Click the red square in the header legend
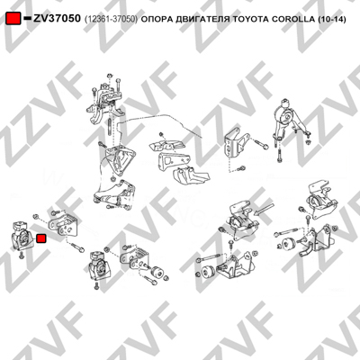[13, 19]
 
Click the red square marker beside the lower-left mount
[40, 238]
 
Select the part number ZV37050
[57, 19]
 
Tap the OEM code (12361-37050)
[112, 20]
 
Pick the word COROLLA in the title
[292, 20]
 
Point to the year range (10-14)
[331, 20]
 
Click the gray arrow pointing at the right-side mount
[264, 209]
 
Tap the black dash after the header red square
[27, 19]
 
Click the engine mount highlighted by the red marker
[22, 236]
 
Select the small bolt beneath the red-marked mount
[22, 256]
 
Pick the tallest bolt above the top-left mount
[119, 85]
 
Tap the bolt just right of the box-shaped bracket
[262, 145]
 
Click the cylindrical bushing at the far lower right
[289, 244]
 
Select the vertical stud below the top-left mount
[111, 127]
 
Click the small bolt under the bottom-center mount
[96, 284]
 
